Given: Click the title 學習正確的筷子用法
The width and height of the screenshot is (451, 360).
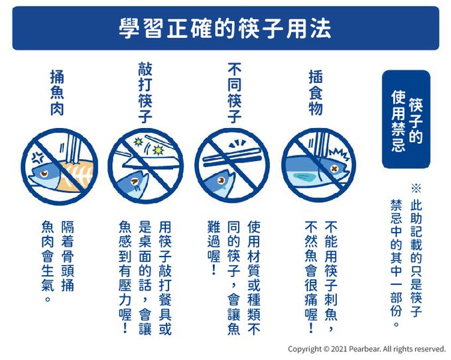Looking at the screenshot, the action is click(225, 29).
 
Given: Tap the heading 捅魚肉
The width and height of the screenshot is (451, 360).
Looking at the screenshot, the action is click(57, 93).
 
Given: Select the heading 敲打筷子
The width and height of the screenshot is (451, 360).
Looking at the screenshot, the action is click(145, 93).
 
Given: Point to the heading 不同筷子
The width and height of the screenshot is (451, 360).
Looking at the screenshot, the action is click(234, 93).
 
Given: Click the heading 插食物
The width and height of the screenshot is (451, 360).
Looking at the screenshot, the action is click(316, 93).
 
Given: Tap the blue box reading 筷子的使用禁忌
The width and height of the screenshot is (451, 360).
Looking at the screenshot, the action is click(406, 119).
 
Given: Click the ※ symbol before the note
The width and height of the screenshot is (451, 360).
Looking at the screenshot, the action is click(417, 188).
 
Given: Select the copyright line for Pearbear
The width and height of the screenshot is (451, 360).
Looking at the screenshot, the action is click(367, 349).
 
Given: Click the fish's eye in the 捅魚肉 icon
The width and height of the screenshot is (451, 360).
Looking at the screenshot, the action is click(44, 174).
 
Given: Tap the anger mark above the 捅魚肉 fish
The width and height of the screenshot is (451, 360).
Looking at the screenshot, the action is click(38, 157).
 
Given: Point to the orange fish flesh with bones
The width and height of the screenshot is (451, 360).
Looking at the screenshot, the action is click(74, 176).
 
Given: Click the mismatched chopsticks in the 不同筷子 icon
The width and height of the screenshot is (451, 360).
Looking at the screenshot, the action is click(232, 158).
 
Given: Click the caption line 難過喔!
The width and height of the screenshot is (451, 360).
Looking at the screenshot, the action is click(214, 248).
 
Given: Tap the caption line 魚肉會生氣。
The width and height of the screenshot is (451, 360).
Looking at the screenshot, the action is click(48, 261).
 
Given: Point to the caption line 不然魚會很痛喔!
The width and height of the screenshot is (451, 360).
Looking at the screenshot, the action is click(311, 277).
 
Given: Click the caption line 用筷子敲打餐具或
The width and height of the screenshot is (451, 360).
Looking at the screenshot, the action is click(165, 278).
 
